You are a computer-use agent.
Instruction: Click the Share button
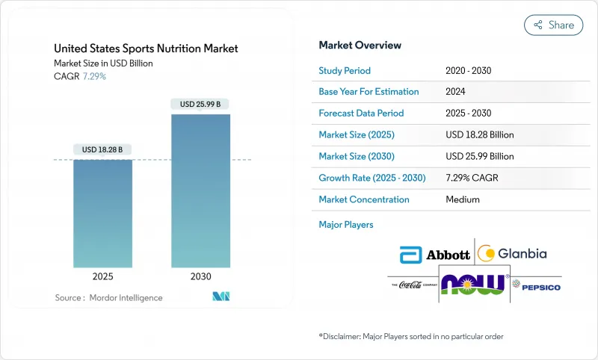point(554,25)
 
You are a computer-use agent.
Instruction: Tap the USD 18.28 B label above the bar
point(103,149)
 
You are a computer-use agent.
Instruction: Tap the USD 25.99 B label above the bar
point(200,104)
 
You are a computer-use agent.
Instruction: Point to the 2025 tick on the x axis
point(103,276)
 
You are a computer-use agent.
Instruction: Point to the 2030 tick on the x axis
point(200,276)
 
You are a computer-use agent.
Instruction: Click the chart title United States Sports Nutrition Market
point(147,49)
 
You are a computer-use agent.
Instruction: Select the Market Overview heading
point(360,45)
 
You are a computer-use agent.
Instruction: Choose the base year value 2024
point(457,92)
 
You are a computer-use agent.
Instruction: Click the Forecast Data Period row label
point(361,114)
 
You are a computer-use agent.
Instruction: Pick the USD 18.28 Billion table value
point(479,135)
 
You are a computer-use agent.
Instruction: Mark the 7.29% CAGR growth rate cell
point(475,178)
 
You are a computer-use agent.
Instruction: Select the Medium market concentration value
point(463,199)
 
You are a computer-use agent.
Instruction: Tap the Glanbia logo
point(512,254)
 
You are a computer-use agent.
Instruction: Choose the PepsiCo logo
point(540,286)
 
